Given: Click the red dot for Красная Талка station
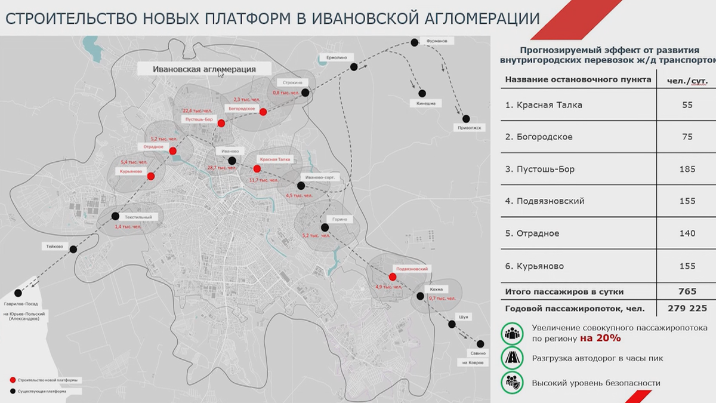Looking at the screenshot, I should point(257,169).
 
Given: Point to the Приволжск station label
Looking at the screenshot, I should point(469,128).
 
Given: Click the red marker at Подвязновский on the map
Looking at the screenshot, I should point(392,277).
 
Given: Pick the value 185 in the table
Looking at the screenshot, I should point(687,169).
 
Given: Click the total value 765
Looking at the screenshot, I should point(687,292).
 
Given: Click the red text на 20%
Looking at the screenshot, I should point(600,339).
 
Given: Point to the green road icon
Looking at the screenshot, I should point(511,358).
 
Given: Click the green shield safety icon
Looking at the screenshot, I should point(511,383).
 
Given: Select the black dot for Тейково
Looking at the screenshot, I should point(73,250).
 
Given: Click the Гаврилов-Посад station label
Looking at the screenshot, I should point(21,304).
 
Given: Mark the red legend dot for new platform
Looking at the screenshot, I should point(13,380).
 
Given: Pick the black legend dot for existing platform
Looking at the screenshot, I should point(13,392).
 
